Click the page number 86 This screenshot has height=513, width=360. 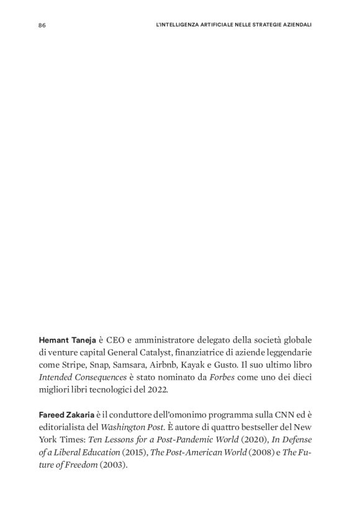pos(42,25)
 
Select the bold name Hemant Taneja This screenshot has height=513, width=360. pos(67,341)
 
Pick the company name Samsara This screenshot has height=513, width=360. pos(130,364)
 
